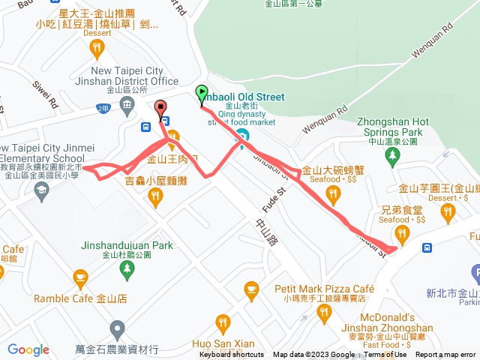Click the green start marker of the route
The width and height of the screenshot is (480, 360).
coord(201,94)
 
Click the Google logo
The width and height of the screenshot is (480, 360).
coord(28,349)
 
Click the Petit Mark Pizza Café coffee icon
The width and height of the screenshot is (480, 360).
coord(251,289)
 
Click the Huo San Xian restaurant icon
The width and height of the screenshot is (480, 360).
coord(222,324)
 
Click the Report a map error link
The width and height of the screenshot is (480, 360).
coord(446,355)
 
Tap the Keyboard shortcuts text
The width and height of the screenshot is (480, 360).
coord(232,355)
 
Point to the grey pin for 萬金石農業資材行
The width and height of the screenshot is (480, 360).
coord(116,328)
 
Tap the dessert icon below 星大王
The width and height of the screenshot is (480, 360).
coord(97,49)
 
